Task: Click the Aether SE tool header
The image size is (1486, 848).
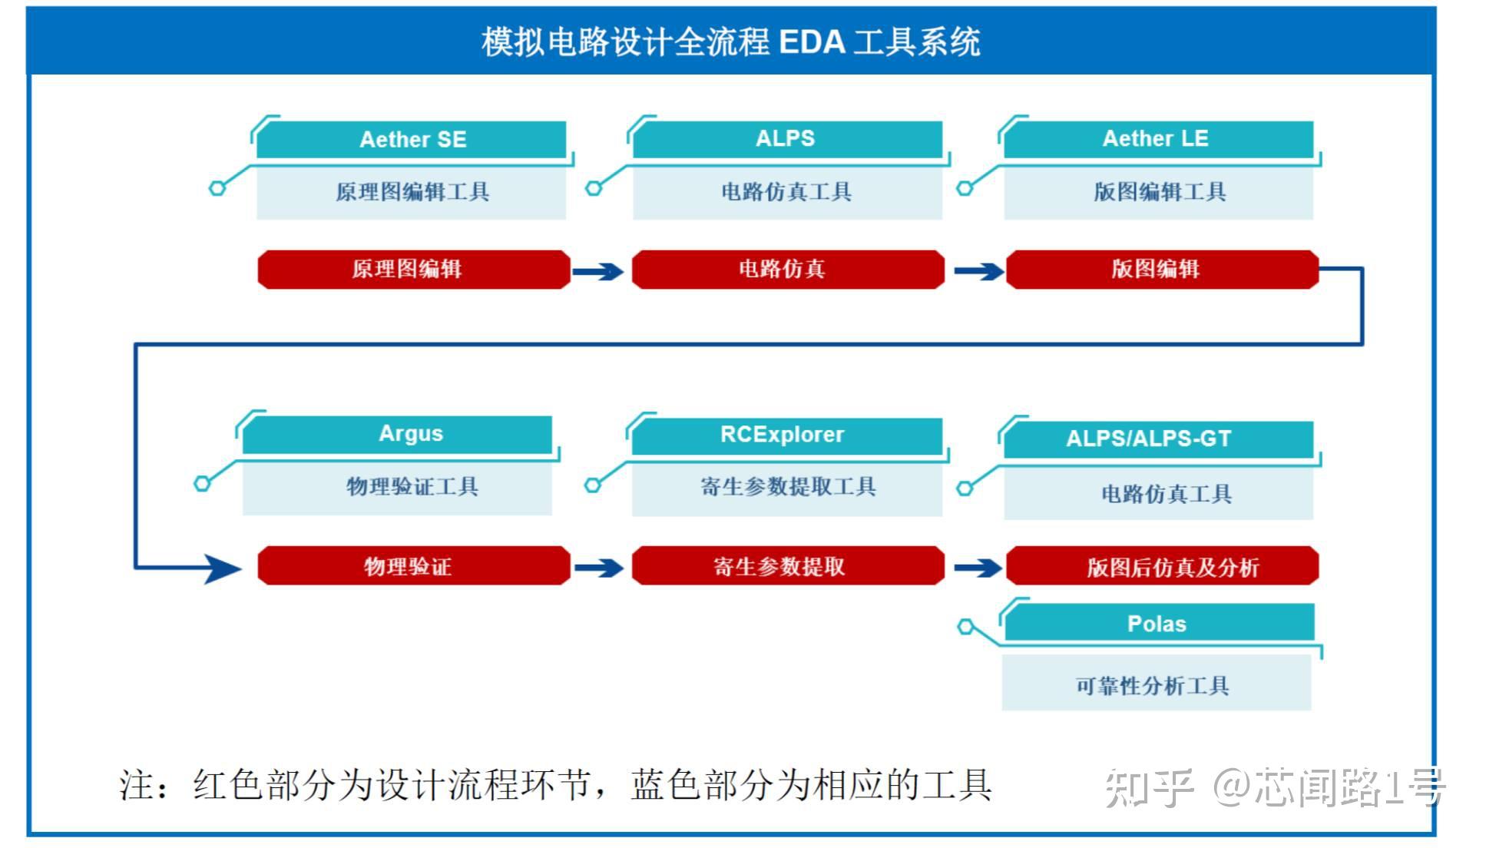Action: tap(412, 139)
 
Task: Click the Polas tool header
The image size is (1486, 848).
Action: tap(1157, 623)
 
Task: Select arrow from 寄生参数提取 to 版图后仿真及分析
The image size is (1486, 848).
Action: tap(977, 568)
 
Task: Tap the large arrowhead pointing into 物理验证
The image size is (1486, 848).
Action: tap(223, 568)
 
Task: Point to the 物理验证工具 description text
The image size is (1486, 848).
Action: tap(412, 486)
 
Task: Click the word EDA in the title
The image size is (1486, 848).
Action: tap(812, 41)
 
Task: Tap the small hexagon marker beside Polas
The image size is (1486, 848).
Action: tap(965, 627)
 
